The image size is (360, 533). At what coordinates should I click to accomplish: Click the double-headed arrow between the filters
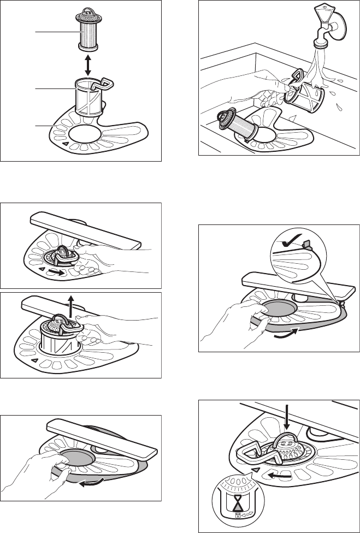click(87, 64)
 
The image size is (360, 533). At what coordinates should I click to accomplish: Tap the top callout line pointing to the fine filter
click(55, 32)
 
